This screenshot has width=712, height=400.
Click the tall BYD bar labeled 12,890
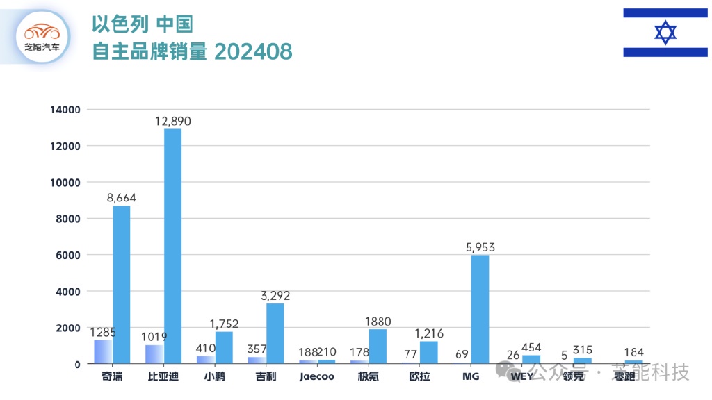pyautogui.click(x=172, y=246)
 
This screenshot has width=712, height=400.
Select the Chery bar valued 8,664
pyautogui.click(x=122, y=284)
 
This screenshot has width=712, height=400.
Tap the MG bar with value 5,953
pyautogui.click(x=480, y=309)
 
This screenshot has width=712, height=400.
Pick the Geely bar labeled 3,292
pyautogui.click(x=275, y=333)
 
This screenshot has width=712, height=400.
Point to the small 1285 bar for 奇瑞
pyautogui.click(x=103, y=351)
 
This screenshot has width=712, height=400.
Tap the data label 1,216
pyautogui.click(x=428, y=334)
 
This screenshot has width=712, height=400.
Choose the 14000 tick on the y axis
pyautogui.click(x=66, y=110)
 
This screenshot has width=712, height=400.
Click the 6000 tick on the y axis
pyautogui.click(x=69, y=255)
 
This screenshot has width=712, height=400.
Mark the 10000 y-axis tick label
pyautogui.click(x=66, y=183)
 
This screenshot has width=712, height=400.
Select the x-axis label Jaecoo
pyautogui.click(x=317, y=376)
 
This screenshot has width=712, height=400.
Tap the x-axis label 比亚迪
pyautogui.click(x=163, y=376)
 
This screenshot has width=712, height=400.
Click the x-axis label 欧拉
pyautogui.click(x=419, y=376)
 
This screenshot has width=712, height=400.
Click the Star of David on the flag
pyautogui.click(x=665, y=33)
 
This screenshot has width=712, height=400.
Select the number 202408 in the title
pyautogui.click(x=252, y=51)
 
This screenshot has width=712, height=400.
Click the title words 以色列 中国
pyautogui.click(x=142, y=24)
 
